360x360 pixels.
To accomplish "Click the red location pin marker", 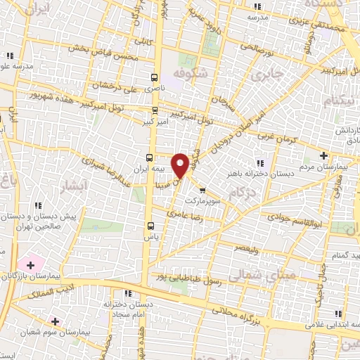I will [x=181, y=165].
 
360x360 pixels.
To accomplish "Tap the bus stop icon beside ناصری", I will [x=155, y=77].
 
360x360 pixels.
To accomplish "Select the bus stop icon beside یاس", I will [x=150, y=226].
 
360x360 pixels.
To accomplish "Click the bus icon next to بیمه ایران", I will [x=149, y=157].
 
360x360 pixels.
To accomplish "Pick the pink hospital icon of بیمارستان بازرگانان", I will [x=30, y=265].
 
